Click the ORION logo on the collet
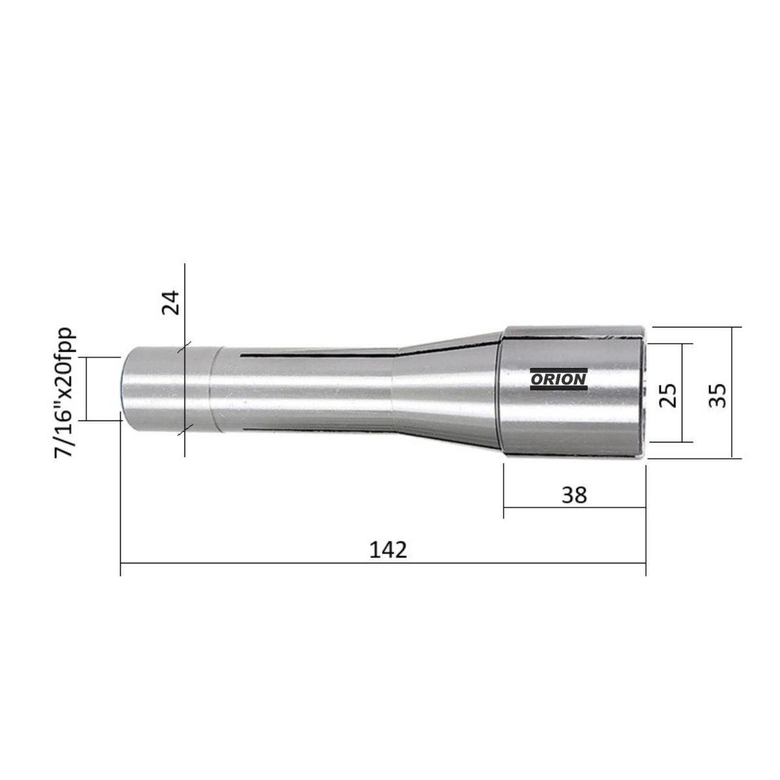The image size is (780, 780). coord(558,379)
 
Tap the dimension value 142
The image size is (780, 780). coord(388,550)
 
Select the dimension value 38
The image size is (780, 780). coord(574,495)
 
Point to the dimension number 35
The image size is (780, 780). coord(718,395)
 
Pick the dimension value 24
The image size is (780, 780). coord(170,302)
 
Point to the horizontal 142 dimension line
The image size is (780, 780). coord(383,563)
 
